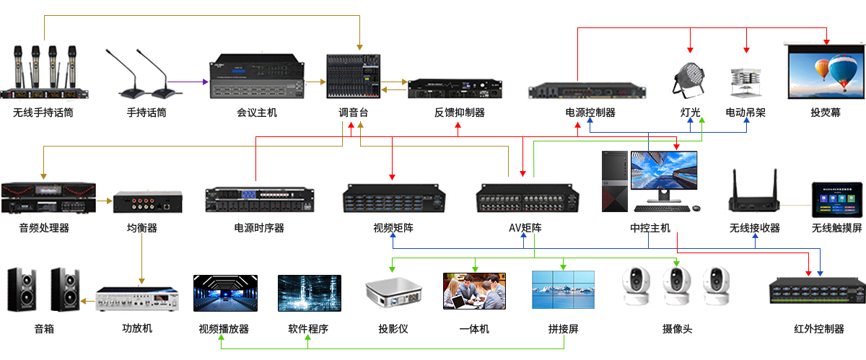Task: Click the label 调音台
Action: [353, 113]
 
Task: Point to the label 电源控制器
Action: [590, 113]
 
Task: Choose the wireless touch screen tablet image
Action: [836, 200]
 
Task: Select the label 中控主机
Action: [650, 228]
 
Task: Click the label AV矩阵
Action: [525, 228]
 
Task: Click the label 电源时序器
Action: [259, 228]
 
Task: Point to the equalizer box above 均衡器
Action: [147, 201]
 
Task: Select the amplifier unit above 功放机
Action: [137, 299]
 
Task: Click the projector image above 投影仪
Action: [393, 292]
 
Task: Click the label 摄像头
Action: [677, 329]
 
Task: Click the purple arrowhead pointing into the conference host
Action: [205, 81]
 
